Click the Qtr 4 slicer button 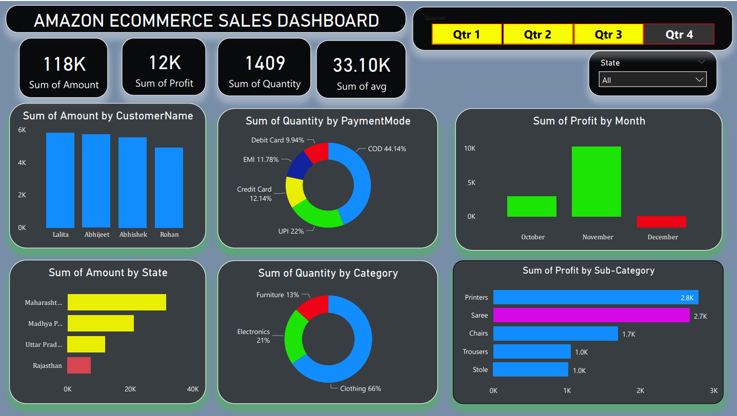679,34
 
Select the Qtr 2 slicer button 537,34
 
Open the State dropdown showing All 652,80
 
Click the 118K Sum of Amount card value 64,65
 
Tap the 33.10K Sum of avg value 362,66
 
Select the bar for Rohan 169,188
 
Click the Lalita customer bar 60,180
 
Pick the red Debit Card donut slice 317,152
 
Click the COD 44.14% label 387,149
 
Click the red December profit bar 661,221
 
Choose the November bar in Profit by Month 596,181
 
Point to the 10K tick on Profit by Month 470,149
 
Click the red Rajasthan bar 79,365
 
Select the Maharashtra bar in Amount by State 117,302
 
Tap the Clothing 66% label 360,388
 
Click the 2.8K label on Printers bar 687,298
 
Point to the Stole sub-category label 480,369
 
